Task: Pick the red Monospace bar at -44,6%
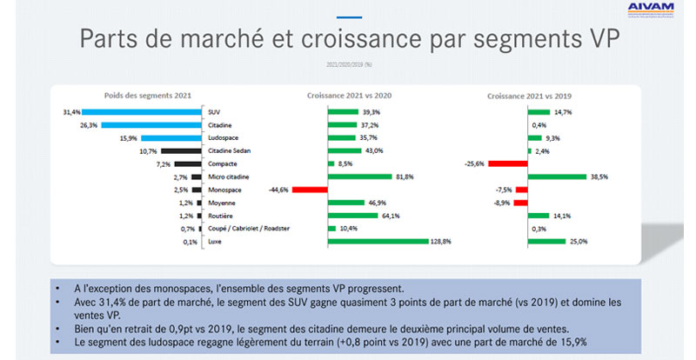(x=310, y=189)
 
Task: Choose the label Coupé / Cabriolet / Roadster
(x=248, y=228)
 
